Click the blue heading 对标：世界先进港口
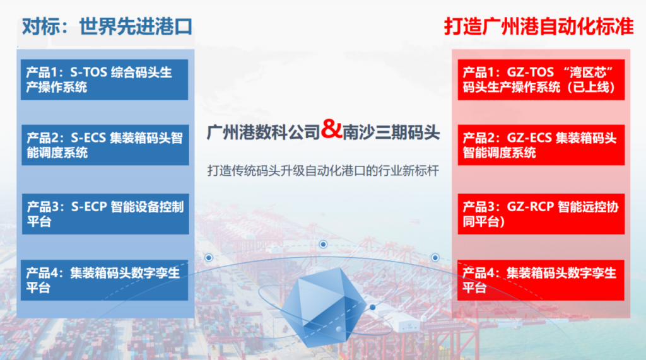[x=107, y=26]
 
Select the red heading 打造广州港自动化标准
[x=539, y=26]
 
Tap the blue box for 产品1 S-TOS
[x=104, y=79]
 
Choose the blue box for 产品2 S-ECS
[x=105, y=145]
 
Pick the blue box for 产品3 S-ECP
[x=105, y=214]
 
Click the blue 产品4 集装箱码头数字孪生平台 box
[x=104, y=280]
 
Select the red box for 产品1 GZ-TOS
[x=541, y=79]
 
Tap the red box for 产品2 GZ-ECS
[x=541, y=145]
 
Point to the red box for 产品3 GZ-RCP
[x=541, y=214]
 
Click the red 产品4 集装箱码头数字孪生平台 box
[x=541, y=280]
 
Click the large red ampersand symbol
[x=331, y=129]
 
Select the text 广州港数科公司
[x=264, y=132]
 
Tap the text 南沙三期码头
[x=391, y=132]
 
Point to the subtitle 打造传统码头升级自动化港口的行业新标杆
[x=323, y=170]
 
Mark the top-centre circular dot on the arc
[x=323, y=244]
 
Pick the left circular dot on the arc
[x=209, y=257]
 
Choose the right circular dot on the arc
[x=435, y=257]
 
